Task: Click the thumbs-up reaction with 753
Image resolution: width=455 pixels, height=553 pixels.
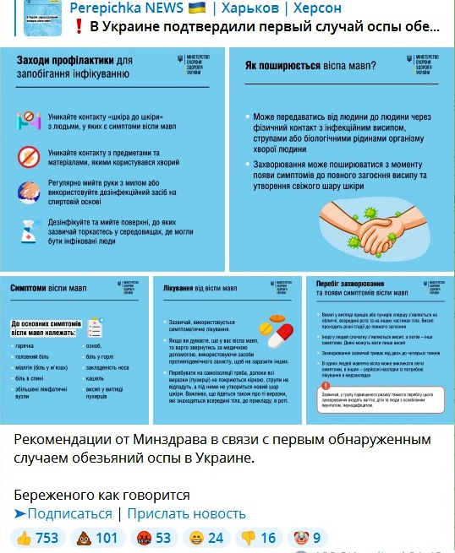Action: click(x=38, y=538)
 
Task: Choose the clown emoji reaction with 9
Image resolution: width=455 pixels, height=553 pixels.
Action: click(x=308, y=538)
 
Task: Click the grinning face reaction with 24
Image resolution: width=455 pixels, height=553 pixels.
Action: click(x=206, y=538)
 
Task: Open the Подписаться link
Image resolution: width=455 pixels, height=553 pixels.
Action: click(x=63, y=513)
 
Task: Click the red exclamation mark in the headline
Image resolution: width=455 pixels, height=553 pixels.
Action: click(x=79, y=26)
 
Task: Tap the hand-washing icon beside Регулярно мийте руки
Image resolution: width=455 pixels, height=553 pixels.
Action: click(x=30, y=192)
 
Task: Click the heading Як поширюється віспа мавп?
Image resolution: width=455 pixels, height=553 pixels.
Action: click(x=311, y=63)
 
